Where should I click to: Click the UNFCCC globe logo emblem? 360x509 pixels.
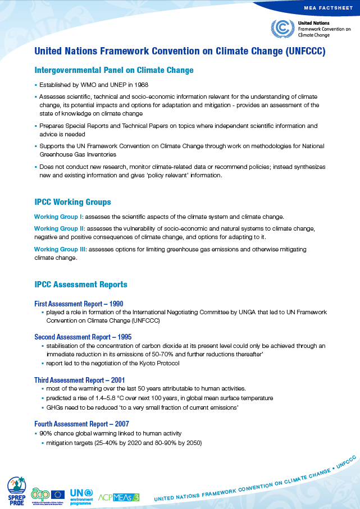[282, 28]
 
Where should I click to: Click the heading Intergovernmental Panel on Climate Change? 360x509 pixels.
[114, 70]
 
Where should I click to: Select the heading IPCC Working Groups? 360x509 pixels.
[72, 202]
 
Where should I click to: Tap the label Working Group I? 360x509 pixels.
[59, 217]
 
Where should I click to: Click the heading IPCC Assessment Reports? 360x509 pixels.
[81, 285]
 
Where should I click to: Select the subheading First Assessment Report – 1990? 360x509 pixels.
[79, 304]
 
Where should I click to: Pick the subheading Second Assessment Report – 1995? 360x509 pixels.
[83, 337]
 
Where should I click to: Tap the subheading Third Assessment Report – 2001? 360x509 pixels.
[79, 380]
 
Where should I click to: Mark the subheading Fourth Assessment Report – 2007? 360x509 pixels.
[81, 424]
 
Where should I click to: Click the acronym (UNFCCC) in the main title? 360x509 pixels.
[306, 51]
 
